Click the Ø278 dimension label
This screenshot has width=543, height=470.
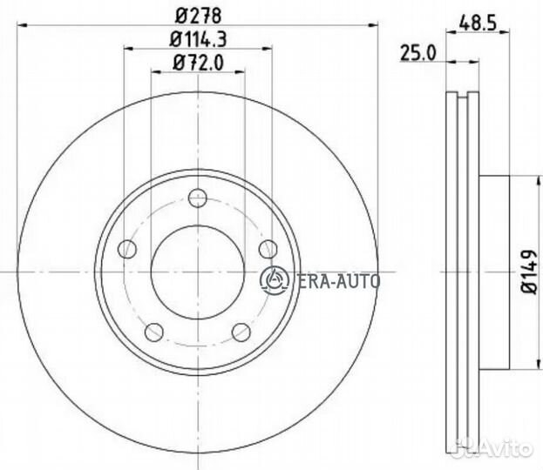point(197,15)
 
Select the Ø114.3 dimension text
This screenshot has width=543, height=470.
point(197,39)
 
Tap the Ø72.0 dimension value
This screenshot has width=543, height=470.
point(197,62)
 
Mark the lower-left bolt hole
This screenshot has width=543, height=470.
point(154,331)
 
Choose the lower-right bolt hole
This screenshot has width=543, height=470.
point(240,331)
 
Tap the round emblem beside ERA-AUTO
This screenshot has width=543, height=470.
point(274,279)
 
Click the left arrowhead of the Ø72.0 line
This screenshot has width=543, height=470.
point(158,71)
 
